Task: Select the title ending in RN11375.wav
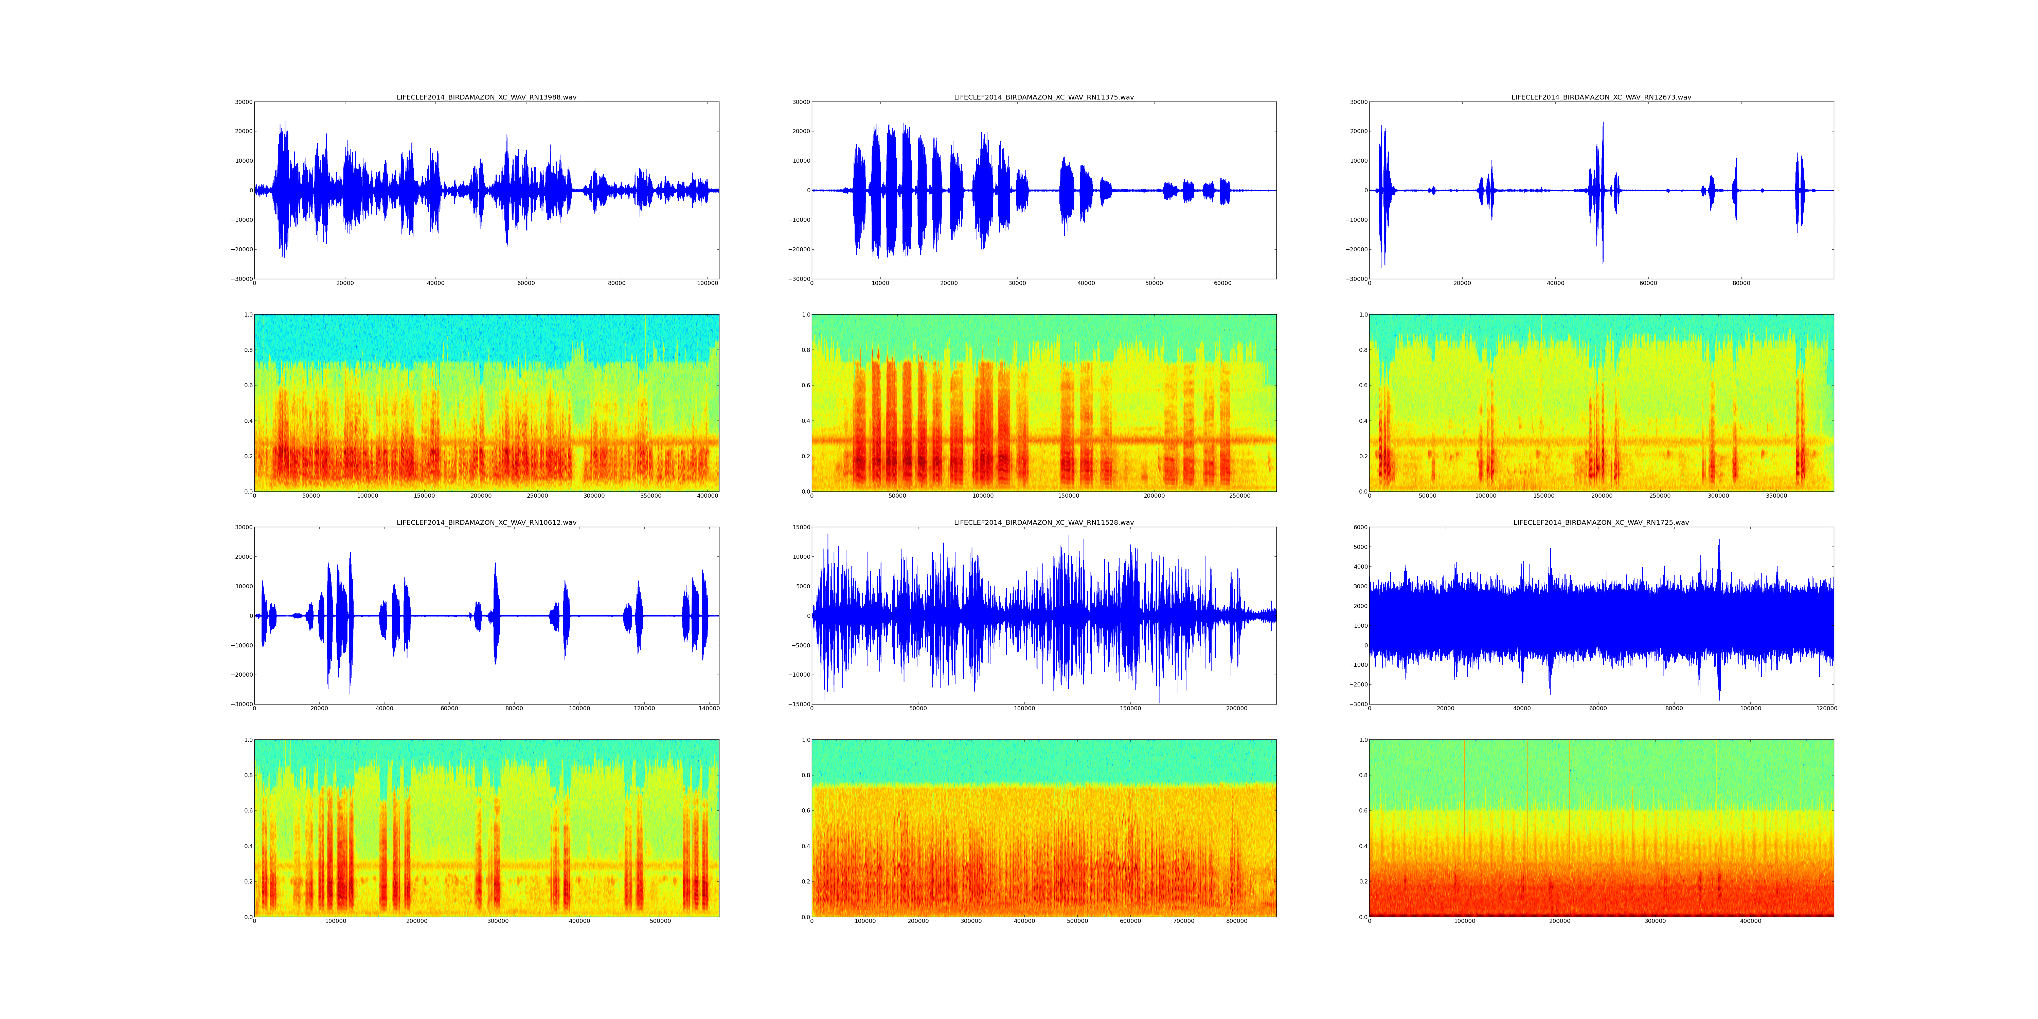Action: [1043, 97]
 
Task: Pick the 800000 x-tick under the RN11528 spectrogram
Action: [1237, 921]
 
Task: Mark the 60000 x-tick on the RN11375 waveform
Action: [1222, 283]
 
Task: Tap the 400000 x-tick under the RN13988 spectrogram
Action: [707, 496]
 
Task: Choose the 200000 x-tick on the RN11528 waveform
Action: [1237, 709]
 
